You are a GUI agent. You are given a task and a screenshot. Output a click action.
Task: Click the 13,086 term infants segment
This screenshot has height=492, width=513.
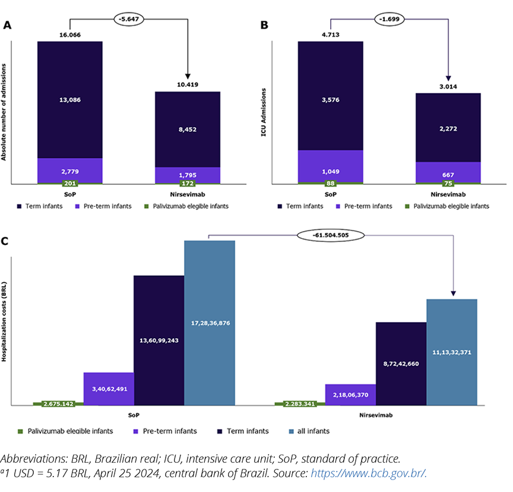(x=70, y=99)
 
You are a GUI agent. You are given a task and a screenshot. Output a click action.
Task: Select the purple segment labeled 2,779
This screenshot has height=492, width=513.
(x=70, y=171)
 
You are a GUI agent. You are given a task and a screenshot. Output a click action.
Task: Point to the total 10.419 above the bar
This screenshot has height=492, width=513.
(x=187, y=84)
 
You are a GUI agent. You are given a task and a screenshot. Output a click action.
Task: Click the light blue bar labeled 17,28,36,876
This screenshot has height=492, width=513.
(x=210, y=322)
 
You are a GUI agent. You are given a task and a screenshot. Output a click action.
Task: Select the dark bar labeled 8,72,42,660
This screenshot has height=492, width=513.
(x=401, y=362)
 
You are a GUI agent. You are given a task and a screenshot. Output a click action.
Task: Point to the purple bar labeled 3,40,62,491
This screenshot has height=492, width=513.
(x=109, y=389)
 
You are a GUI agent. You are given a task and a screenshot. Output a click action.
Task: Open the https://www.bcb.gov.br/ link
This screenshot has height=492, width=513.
(x=369, y=473)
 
